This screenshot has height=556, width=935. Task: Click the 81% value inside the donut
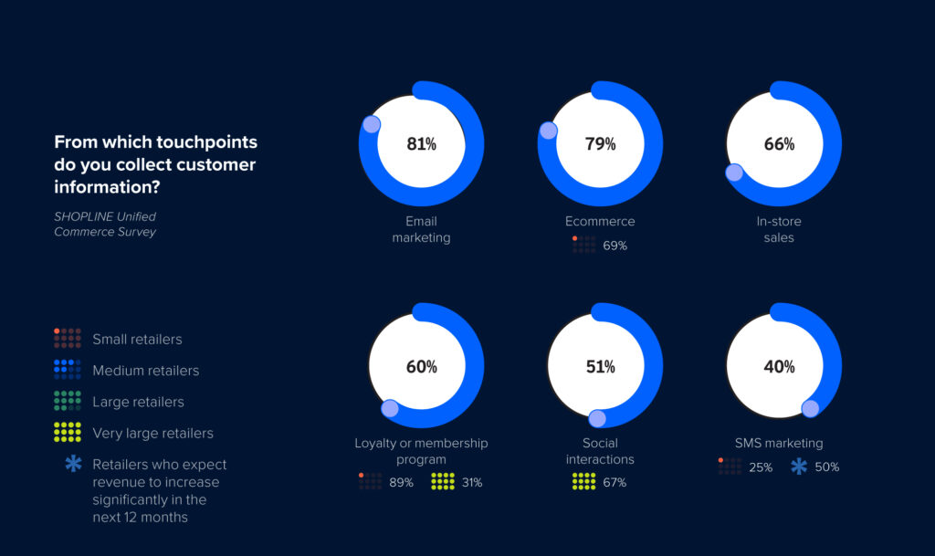click(421, 144)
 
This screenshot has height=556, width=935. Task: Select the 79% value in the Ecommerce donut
click(600, 144)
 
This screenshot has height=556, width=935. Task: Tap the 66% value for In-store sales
click(779, 144)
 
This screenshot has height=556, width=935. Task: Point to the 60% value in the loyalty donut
click(421, 367)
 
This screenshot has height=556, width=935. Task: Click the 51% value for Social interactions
click(600, 367)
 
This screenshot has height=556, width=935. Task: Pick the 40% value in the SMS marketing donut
click(779, 367)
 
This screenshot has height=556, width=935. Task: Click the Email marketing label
click(421, 229)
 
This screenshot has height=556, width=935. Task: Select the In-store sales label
click(779, 229)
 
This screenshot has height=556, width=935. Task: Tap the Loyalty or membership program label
click(421, 451)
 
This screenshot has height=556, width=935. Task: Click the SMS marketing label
click(779, 443)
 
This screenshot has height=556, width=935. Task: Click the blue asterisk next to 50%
click(799, 467)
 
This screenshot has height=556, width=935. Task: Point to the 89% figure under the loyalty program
click(402, 482)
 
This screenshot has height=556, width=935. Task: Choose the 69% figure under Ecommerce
click(615, 246)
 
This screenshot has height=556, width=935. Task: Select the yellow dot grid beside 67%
click(583, 481)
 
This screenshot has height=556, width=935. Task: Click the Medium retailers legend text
click(145, 371)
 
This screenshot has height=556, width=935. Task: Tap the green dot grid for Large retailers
click(68, 401)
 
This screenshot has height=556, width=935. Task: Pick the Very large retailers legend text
click(152, 433)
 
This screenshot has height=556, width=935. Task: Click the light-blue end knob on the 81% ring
click(371, 125)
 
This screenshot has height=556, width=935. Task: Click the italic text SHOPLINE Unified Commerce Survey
click(105, 224)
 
